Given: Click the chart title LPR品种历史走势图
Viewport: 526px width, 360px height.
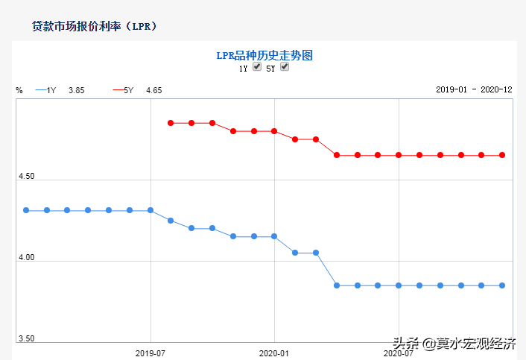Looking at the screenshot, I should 263,55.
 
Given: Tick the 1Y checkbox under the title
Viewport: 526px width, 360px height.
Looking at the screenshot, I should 257,67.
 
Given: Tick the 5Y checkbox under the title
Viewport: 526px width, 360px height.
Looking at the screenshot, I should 285,67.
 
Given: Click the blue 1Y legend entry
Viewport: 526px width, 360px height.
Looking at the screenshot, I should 46,90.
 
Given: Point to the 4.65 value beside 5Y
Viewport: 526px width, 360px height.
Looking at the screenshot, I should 153,90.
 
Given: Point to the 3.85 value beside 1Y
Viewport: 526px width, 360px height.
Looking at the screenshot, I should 76,90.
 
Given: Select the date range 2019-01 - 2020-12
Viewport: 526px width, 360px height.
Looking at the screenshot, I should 474,89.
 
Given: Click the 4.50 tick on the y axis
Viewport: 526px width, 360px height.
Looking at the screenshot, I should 26,177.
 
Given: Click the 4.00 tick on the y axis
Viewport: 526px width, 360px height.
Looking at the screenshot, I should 26,258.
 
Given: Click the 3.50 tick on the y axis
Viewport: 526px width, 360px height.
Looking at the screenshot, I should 26,338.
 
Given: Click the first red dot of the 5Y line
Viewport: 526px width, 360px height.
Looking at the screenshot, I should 171,123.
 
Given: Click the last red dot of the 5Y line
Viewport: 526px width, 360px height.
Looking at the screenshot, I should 502,155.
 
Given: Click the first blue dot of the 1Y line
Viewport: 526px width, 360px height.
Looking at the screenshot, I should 26,210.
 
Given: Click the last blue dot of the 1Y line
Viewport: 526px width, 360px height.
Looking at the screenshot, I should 502,285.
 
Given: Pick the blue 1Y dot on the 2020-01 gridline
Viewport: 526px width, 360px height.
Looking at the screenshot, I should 274,236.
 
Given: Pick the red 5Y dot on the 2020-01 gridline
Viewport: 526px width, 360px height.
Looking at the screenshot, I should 274,131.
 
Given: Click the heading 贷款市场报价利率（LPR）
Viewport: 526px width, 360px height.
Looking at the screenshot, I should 94,26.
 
